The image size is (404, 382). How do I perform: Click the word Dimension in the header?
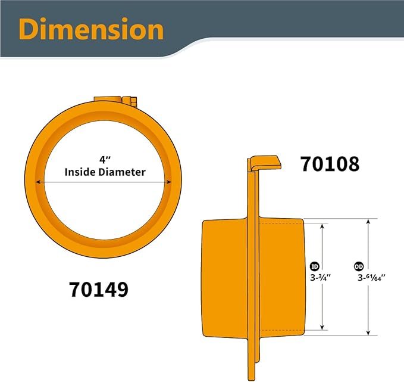coord(91,29)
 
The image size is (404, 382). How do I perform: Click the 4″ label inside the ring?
coord(105,160)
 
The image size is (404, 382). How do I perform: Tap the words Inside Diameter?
coord(105,172)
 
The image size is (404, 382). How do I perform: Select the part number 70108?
coord(330,163)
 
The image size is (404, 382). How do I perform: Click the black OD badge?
coord(359,266)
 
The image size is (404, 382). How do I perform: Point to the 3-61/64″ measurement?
coord(372,277)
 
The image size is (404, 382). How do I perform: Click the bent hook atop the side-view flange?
coord(264,162)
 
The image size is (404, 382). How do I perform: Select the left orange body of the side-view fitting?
coord(224,277)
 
